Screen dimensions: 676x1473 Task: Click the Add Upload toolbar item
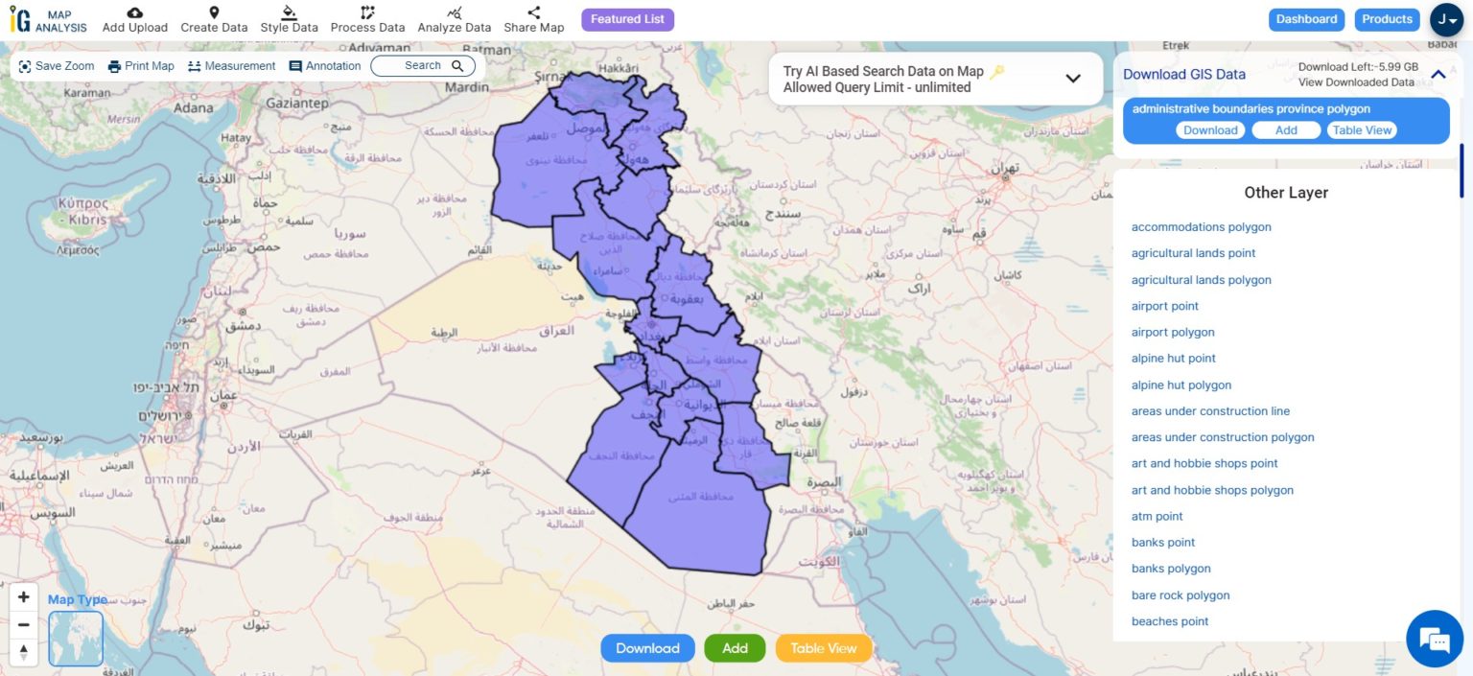[x=135, y=19]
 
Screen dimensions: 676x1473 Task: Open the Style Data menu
[x=289, y=19]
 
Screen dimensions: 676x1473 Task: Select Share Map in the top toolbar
[x=534, y=19]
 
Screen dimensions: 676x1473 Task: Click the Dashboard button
[x=1306, y=19]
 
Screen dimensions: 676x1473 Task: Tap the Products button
[x=1387, y=19]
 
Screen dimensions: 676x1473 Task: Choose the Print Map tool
[x=141, y=66]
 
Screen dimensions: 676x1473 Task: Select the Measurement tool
[x=231, y=66]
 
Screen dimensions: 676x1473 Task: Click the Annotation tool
[x=325, y=66]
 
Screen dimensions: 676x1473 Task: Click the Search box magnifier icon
[x=457, y=66]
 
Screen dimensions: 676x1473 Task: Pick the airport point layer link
[x=1165, y=306]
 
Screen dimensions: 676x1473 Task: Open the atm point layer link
[x=1157, y=516]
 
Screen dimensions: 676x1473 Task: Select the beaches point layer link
[x=1170, y=621]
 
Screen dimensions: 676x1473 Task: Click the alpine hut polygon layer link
[x=1181, y=385]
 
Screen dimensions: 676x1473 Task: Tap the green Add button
[x=735, y=648]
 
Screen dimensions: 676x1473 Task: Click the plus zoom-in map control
[x=24, y=596]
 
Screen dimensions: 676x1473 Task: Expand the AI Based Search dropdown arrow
[x=1073, y=79]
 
